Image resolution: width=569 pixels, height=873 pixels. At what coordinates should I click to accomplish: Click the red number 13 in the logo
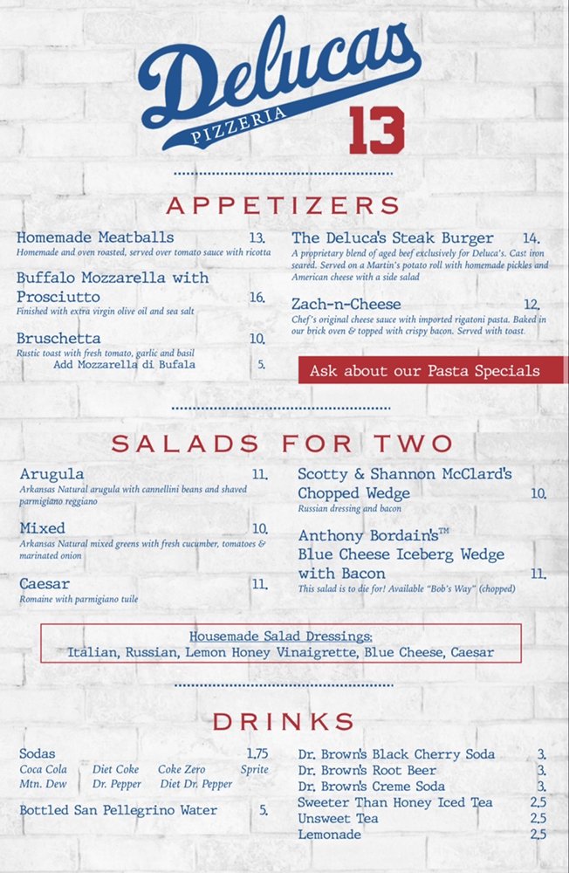click(377, 130)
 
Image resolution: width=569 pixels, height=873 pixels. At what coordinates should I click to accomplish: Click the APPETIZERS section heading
click(284, 205)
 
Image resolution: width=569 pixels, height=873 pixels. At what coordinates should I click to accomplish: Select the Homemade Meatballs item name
click(95, 237)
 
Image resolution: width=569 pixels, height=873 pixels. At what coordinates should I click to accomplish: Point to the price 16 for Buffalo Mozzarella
click(257, 298)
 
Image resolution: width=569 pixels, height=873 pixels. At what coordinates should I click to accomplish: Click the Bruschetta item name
click(58, 338)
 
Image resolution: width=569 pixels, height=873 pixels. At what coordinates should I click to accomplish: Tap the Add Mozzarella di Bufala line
click(125, 364)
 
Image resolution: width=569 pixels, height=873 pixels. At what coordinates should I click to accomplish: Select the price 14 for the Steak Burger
click(531, 238)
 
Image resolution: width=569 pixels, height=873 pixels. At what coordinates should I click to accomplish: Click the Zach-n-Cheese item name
click(346, 304)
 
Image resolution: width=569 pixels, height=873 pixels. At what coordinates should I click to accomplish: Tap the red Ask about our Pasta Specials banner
click(425, 370)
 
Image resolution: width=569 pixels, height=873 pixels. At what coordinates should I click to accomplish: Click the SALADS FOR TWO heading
click(283, 443)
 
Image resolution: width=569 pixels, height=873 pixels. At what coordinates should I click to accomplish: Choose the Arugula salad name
click(52, 474)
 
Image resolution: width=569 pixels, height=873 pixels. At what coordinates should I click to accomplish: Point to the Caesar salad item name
click(45, 583)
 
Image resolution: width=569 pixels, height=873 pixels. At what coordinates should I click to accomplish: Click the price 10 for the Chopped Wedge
click(538, 493)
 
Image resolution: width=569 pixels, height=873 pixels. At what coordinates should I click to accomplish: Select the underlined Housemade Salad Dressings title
click(281, 636)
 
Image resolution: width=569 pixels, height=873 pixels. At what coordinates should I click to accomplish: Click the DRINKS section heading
click(284, 721)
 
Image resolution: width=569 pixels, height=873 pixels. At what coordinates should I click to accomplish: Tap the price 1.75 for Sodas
click(257, 753)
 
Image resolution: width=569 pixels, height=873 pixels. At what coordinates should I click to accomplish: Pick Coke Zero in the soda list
click(182, 769)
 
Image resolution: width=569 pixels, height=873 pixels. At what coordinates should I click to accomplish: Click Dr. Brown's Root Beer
click(367, 770)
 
